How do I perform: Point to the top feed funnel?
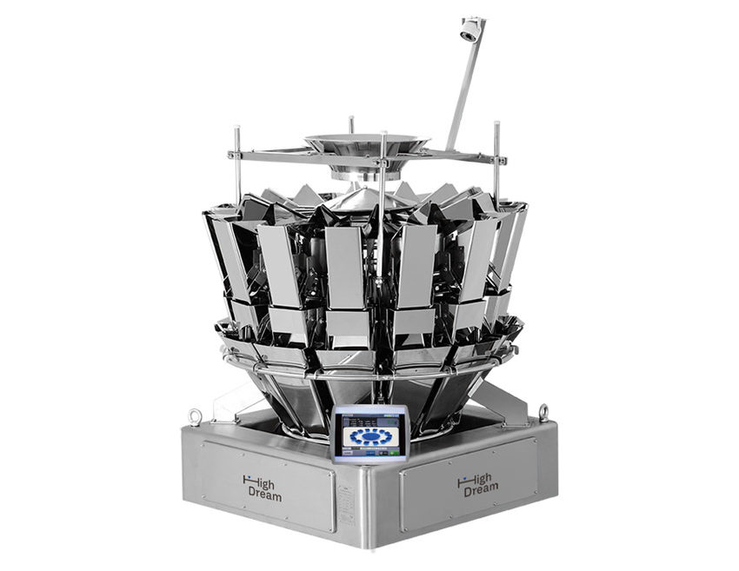365,144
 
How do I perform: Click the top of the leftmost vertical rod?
236,129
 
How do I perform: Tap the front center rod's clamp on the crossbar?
383,163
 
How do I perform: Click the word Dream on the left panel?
263,495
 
